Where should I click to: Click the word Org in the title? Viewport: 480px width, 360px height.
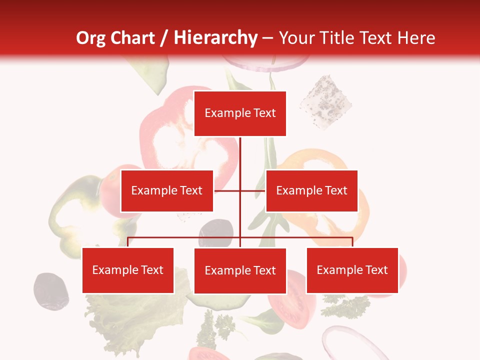click(x=91, y=38)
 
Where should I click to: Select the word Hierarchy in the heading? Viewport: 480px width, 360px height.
click(x=215, y=38)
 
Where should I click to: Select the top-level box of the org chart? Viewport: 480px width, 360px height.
click(x=240, y=113)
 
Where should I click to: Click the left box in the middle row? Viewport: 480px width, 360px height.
click(x=167, y=191)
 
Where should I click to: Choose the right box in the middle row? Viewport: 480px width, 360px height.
click(x=311, y=191)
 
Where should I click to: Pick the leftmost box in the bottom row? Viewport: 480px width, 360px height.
click(x=128, y=270)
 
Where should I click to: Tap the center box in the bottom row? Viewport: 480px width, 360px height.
click(x=240, y=271)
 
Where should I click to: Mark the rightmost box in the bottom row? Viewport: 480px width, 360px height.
click(x=352, y=270)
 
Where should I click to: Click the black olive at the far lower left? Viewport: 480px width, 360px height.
click(x=50, y=290)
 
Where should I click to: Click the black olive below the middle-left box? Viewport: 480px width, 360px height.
click(x=216, y=231)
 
